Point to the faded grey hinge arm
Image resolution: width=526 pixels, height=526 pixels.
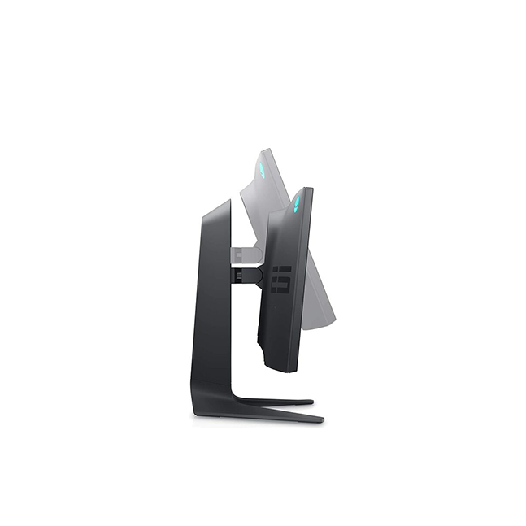245,254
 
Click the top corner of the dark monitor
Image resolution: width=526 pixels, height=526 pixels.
310,189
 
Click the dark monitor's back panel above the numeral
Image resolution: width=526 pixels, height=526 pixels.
285,236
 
